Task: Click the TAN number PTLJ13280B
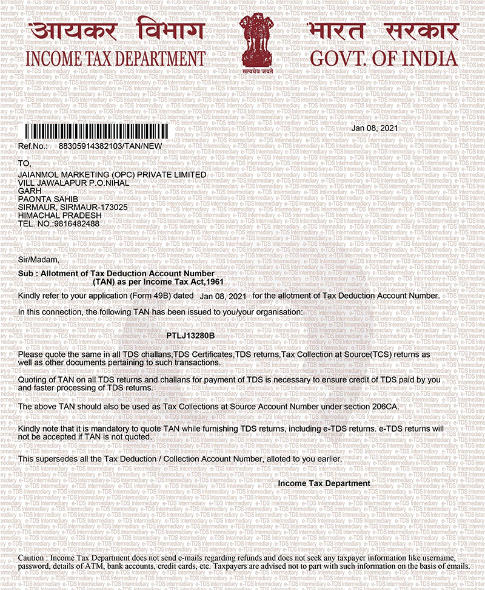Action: click(190, 336)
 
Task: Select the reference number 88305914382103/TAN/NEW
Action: click(110, 146)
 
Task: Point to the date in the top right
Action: click(375, 128)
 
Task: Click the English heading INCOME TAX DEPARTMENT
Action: click(115, 59)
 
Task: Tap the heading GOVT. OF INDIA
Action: click(384, 59)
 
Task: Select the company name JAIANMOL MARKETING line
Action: click(113, 174)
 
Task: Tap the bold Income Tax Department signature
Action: click(324, 483)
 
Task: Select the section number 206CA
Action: click(383, 405)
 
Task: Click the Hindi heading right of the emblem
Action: click(382, 30)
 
